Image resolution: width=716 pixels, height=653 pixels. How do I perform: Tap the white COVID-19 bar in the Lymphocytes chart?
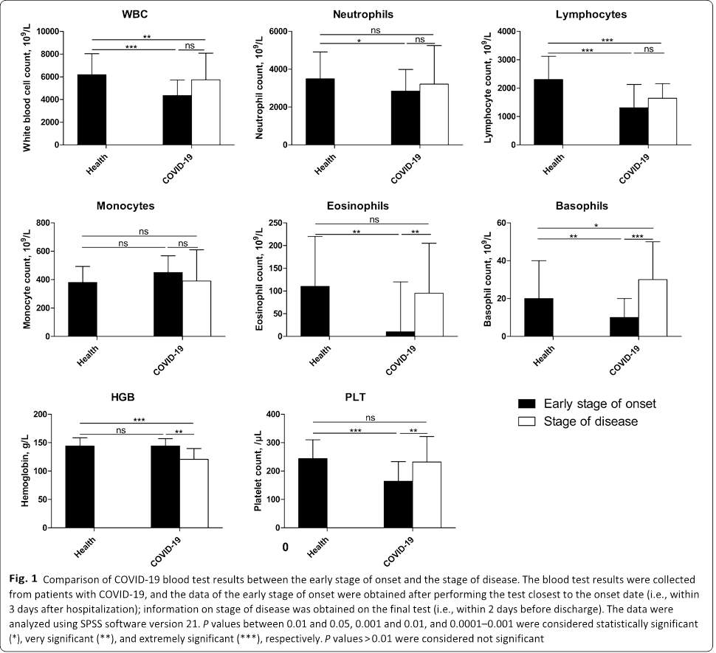click(662, 121)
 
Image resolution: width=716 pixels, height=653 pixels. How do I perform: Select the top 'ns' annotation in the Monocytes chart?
click(143, 231)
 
